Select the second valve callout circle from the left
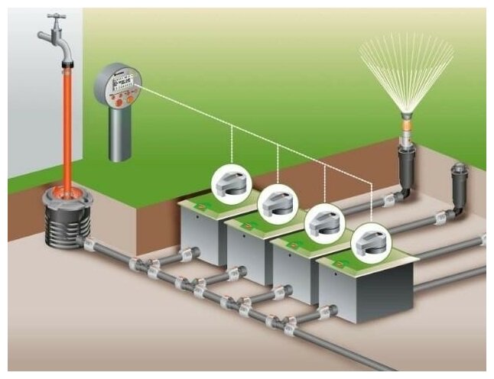click(277, 203)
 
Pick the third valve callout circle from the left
click(324, 224)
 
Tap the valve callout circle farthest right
click(370, 245)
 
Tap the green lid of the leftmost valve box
click(210, 206)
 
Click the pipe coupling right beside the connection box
click(89, 245)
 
